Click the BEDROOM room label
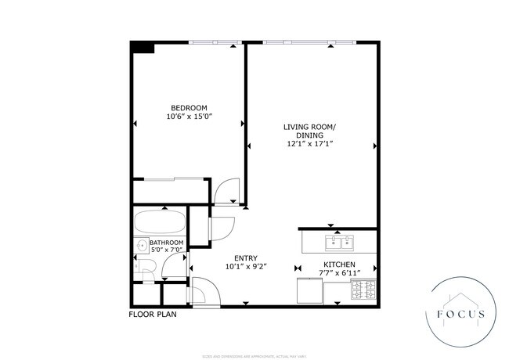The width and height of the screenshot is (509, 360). coord(190,107)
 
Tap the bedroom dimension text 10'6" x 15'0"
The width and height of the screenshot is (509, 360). coord(190,116)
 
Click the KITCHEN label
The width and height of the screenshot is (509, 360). coord(339,265)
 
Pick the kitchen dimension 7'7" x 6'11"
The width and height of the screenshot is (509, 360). coord(339,273)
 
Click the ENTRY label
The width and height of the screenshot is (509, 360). coord(246,257)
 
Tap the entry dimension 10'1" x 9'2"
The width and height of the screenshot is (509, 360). coord(246,266)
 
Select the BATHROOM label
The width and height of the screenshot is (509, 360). coord(167,243)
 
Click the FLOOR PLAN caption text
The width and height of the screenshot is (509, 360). coord(153,315)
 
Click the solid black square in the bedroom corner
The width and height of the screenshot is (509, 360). coord(142,47)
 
